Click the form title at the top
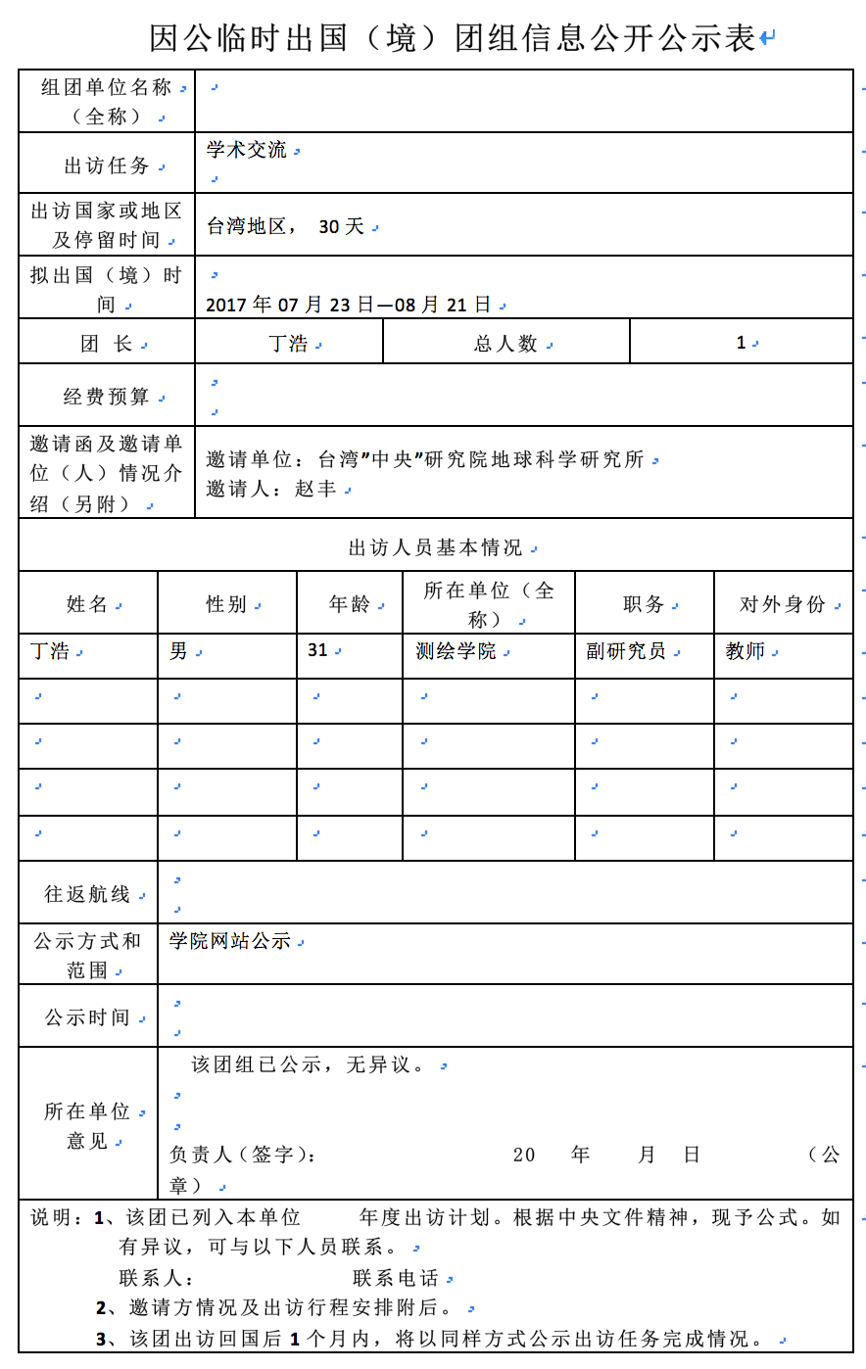[x=453, y=38]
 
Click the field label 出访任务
[x=107, y=165]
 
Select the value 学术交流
[x=247, y=150]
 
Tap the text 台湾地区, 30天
[x=285, y=226]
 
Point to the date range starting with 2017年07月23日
[x=348, y=305]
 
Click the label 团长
[x=107, y=344]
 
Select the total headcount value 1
[x=741, y=343]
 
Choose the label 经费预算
[x=107, y=397]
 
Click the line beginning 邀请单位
[x=425, y=459]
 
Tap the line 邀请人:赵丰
[x=271, y=489]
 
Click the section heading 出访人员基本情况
[x=436, y=547]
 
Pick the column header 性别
[x=226, y=604]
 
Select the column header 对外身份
[x=783, y=604]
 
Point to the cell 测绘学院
[x=456, y=651]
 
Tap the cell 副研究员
[x=626, y=651]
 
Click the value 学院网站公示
[x=230, y=941]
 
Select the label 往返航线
[x=87, y=894]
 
